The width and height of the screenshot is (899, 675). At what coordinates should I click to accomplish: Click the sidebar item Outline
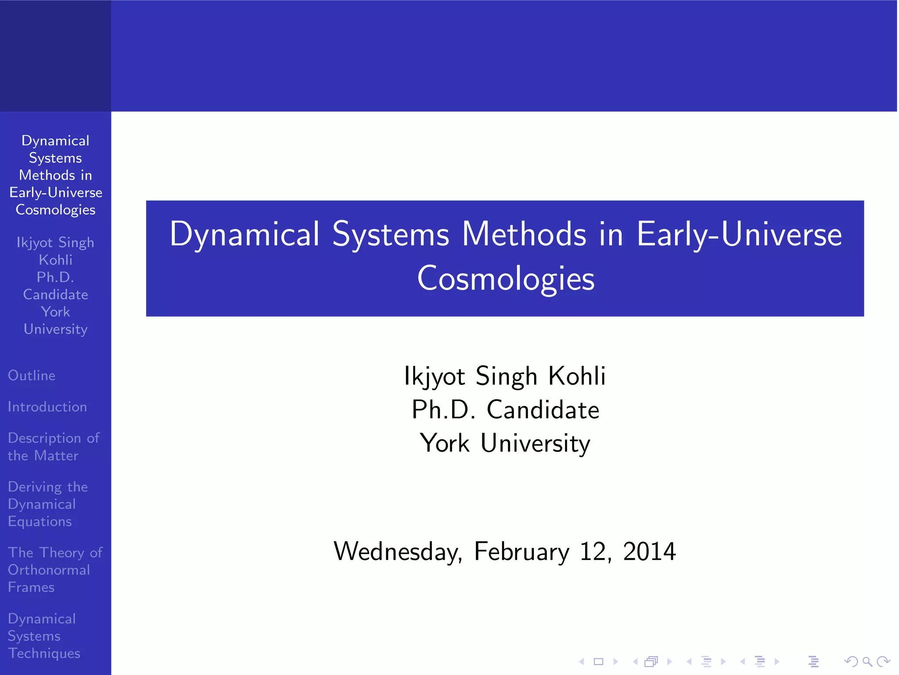(32, 375)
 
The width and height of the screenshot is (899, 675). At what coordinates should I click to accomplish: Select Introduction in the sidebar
(47, 406)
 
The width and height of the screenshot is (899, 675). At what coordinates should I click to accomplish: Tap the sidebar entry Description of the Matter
(54, 446)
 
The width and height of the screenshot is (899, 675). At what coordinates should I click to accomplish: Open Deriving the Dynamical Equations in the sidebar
(47, 504)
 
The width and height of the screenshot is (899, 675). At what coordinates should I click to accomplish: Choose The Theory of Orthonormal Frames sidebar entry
(55, 570)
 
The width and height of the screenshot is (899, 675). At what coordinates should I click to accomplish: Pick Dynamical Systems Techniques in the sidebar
(44, 635)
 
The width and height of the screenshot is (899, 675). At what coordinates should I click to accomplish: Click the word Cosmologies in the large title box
(506, 279)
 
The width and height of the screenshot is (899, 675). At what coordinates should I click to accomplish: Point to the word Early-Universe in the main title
(739, 234)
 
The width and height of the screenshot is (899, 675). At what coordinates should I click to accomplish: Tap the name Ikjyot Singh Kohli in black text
(505, 376)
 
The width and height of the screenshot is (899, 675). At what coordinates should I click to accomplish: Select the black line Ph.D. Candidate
(505, 410)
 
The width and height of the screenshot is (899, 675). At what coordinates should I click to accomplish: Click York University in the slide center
(505, 443)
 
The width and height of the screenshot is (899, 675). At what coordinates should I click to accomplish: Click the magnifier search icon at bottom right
(867, 661)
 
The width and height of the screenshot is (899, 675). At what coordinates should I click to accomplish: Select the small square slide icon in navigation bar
(598, 661)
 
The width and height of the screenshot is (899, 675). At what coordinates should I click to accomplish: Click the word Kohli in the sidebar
(55, 260)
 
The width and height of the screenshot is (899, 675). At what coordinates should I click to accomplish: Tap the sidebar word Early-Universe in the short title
(56, 192)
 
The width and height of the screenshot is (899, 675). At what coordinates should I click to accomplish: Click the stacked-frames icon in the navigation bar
(651, 661)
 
